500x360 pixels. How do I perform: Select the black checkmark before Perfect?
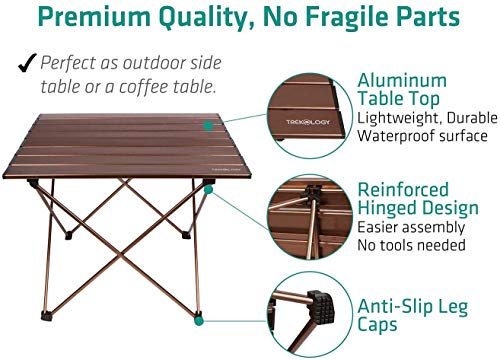(x=23, y=62)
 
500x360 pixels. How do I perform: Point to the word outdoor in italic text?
(x=164, y=62)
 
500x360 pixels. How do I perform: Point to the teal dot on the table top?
(x=208, y=126)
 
